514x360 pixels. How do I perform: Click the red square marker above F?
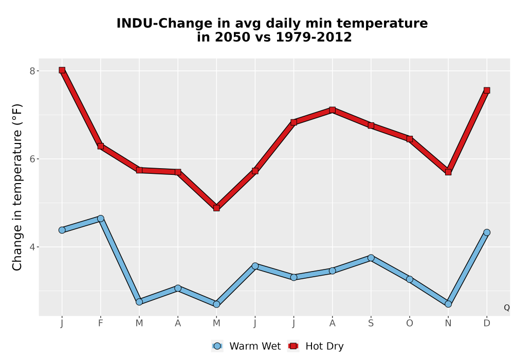[x=101, y=146]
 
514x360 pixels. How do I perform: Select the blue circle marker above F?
[x=101, y=219]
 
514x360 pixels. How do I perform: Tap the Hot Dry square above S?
[x=371, y=125]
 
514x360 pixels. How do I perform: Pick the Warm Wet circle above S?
[x=371, y=258]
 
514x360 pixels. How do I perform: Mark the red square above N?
[x=448, y=172]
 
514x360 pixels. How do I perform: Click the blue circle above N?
[x=448, y=304]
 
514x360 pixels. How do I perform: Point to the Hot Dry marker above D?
[x=487, y=91]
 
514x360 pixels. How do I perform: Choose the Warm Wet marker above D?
[x=487, y=232]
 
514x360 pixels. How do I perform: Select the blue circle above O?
[x=410, y=279]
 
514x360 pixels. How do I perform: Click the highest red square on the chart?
[x=62, y=70]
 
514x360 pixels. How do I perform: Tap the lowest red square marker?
[x=216, y=208]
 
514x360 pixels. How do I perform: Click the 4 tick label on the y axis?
[x=32, y=247]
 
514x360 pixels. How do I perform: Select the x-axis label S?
[x=371, y=323]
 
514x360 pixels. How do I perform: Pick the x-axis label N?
[x=448, y=323]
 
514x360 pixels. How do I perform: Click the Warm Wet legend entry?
[x=246, y=346]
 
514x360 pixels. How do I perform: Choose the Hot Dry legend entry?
[x=316, y=346]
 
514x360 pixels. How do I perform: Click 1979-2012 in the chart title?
[x=314, y=37]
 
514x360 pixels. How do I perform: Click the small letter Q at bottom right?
[x=507, y=308]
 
